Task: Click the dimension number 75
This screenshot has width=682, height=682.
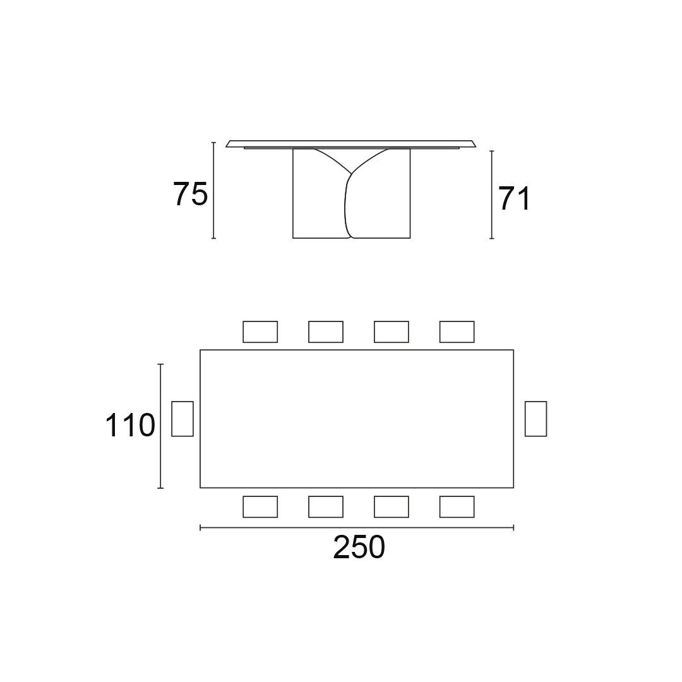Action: tap(190, 194)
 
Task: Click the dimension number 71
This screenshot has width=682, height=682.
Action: tap(515, 199)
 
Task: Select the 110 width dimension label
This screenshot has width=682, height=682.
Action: tap(129, 426)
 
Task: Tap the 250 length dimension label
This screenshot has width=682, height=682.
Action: tap(359, 547)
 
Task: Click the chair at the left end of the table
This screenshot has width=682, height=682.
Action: tap(182, 418)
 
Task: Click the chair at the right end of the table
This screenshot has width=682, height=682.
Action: tap(535, 418)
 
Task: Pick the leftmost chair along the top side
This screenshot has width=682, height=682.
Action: tap(260, 332)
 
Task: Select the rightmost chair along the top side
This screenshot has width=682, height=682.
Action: tap(457, 332)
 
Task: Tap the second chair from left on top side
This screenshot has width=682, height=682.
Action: tap(326, 332)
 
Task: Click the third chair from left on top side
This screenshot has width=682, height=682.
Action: tap(392, 332)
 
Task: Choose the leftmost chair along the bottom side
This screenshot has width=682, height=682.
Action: tap(260, 506)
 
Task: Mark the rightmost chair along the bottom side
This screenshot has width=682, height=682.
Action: tap(457, 506)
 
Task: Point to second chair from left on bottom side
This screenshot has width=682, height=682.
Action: tap(326, 506)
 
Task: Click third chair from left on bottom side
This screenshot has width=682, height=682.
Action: tap(392, 506)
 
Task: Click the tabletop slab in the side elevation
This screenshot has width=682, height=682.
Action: tap(350, 143)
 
